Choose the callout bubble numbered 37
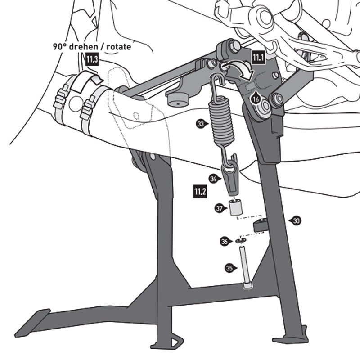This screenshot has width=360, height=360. (219, 208)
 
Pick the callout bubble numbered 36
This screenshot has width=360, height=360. (224, 242)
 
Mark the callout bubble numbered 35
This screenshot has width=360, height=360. (229, 268)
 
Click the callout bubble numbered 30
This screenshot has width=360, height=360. (296, 220)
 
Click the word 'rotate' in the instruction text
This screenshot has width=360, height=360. (118, 47)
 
